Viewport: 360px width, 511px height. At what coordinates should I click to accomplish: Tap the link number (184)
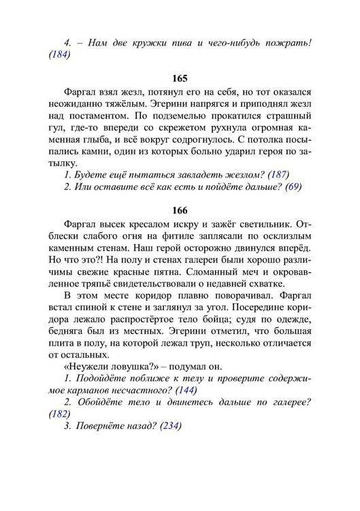[x=59, y=56]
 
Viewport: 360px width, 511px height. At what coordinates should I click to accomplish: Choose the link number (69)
[x=294, y=186]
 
